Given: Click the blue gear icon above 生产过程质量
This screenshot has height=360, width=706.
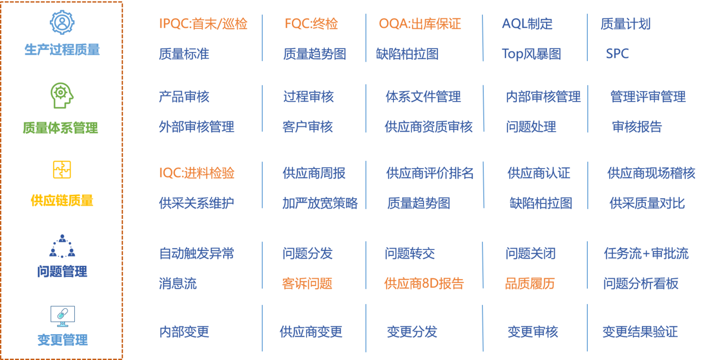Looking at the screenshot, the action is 62,22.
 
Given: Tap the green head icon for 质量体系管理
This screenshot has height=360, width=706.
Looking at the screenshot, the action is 62,96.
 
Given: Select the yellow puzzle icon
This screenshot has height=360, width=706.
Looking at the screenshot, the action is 62,169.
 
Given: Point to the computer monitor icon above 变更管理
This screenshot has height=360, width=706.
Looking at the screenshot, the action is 63,316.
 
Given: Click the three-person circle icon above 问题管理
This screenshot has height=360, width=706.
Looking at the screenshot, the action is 62,246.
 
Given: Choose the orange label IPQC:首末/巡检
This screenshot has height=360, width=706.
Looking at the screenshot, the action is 203,24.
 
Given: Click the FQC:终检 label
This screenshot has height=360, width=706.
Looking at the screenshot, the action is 311,24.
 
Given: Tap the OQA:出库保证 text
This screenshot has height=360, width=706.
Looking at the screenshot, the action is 420,24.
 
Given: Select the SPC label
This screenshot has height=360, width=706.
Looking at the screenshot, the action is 617,54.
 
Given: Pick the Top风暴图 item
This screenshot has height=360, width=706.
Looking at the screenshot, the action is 531,54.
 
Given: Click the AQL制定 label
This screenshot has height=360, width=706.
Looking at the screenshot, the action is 527,24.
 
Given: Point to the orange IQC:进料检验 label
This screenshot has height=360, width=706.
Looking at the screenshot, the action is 197,173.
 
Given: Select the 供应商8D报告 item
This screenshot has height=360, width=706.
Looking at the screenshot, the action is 424,283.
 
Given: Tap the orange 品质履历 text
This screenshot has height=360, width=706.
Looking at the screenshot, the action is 530,283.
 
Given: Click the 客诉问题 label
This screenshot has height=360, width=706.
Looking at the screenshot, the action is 307,283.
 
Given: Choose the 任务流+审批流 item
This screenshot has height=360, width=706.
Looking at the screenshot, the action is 646,254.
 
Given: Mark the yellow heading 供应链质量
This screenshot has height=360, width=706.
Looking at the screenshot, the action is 62,201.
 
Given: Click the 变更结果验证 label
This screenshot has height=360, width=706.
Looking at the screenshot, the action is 640,332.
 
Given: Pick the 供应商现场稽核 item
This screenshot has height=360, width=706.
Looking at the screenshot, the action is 651,173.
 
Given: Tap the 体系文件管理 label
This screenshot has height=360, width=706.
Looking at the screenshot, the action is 423,96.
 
